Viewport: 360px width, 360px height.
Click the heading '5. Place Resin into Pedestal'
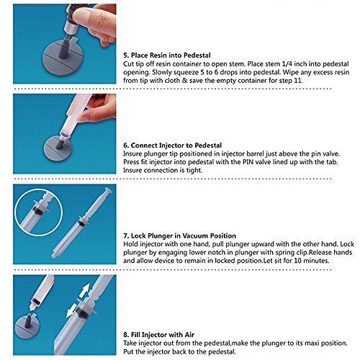click(167, 55)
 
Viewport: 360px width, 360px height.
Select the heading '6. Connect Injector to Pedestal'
click(173, 145)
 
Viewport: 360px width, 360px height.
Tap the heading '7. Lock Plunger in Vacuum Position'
click(180, 235)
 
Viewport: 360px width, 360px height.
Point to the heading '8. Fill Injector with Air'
click(159, 335)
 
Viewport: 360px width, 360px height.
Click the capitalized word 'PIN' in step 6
click(248, 162)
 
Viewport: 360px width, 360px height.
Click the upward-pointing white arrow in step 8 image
click(85, 290)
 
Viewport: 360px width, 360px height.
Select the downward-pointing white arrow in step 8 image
click(72, 311)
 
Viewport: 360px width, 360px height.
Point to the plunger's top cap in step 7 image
click(108, 192)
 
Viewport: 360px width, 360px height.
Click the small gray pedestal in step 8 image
click(27, 327)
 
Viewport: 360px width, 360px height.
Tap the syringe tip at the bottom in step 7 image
click(53, 255)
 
